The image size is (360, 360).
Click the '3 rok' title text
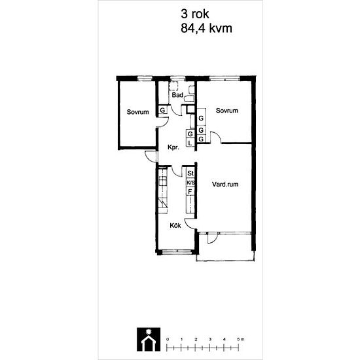tap(194, 14)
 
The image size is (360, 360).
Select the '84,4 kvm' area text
tap(206, 28)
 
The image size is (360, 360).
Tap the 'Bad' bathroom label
tap(177, 95)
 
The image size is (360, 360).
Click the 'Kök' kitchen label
tap(175, 225)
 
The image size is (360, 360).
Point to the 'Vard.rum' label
tap(225, 184)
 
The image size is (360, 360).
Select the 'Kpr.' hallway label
tap(173, 147)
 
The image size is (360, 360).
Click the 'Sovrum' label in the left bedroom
tap(137, 112)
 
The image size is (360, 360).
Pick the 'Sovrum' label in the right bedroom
tap(227, 111)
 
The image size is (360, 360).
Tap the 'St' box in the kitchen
tap(190, 173)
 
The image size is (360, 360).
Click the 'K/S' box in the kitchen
tap(190, 183)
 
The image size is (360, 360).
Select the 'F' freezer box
tap(190, 191)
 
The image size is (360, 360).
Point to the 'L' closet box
tap(190, 143)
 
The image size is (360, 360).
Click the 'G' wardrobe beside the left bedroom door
tap(162, 110)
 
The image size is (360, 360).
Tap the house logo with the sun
tap(149, 339)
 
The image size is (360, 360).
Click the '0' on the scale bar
tap(168, 339)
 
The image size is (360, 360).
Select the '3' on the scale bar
tap(210, 339)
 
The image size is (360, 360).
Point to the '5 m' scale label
tap(241, 339)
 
